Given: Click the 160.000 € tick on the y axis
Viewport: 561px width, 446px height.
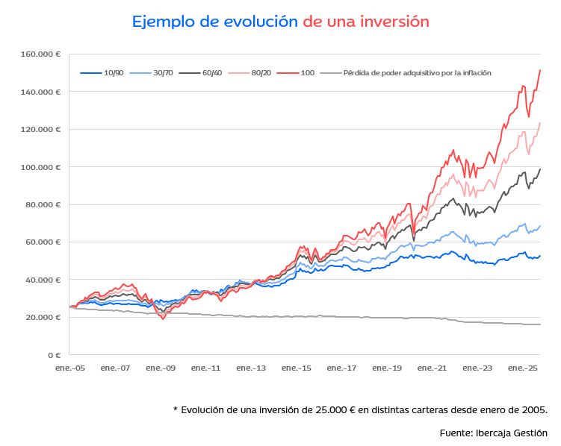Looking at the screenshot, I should click(x=42, y=54).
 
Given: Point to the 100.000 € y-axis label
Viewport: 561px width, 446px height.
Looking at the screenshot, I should click(x=42, y=167).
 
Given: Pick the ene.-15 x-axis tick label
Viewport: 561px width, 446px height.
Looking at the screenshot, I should click(x=297, y=368).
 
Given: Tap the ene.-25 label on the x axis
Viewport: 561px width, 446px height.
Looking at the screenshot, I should click(x=524, y=368).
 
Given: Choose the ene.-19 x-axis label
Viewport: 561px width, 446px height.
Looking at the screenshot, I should click(x=388, y=368).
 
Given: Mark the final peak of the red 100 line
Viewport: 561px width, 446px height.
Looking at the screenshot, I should click(x=540, y=70).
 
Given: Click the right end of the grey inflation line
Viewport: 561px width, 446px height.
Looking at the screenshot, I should click(x=540, y=324).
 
